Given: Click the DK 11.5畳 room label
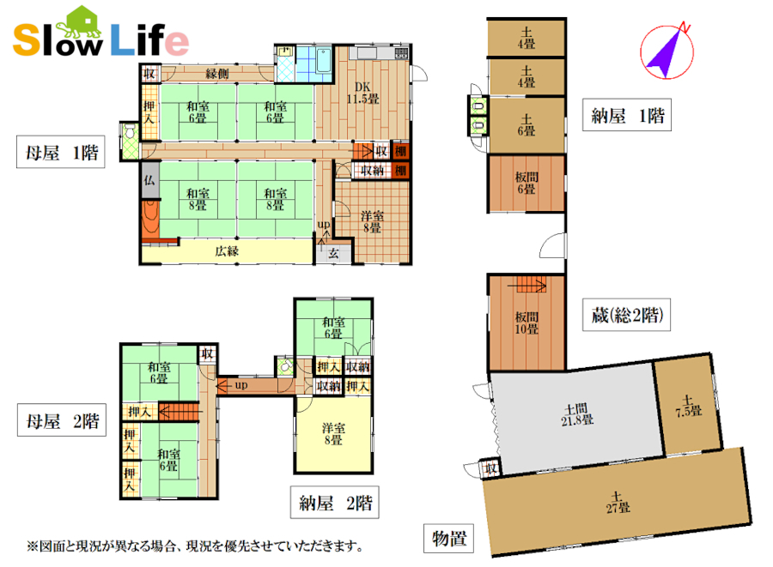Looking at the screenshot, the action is tap(362, 93).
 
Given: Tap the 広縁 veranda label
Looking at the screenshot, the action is tap(227, 251).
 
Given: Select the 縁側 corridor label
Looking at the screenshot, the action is tap(217, 74).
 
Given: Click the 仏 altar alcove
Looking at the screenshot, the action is tap(149, 180).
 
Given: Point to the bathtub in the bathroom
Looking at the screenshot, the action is tap(324, 60).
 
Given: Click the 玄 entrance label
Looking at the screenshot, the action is tap(334, 253).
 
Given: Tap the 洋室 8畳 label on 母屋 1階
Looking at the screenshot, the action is tap(372, 221).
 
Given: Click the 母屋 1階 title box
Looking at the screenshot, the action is tap(61, 152).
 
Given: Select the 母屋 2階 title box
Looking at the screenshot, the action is tap(62, 420).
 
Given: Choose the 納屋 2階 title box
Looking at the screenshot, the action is tap(335, 503).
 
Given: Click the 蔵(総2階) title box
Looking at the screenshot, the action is tap(627, 315).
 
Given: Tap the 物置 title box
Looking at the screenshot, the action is tap(448, 538).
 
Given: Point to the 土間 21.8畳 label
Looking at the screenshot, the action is tap(577, 414).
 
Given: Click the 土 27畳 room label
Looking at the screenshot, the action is tap(618, 503).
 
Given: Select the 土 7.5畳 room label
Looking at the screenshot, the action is tap(689, 406).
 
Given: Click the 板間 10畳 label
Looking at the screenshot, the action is tap(526, 323).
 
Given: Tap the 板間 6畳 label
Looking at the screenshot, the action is tap(526, 183).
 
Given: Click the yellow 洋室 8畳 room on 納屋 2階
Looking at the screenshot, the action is tap(333, 434).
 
